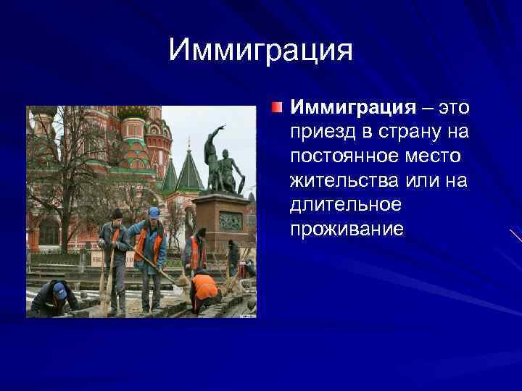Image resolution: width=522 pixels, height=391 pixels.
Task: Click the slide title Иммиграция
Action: point(260,51)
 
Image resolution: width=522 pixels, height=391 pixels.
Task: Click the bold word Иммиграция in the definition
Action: point(352,108)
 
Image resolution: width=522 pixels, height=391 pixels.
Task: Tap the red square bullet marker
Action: point(278,108)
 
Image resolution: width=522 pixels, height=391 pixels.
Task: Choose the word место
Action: point(436,156)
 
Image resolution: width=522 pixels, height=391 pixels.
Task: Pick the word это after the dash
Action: point(452,108)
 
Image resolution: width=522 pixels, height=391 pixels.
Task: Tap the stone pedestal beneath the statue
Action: point(220,217)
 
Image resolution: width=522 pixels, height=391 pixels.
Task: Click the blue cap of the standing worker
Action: point(154,212)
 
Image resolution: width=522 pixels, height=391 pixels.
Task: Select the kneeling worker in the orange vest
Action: point(204,288)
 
